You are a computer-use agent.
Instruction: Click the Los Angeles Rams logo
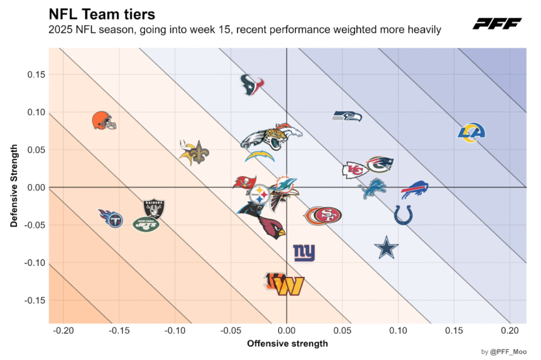(x=471, y=132)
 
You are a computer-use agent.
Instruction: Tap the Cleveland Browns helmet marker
(x=104, y=120)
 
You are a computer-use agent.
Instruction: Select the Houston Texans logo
(x=252, y=84)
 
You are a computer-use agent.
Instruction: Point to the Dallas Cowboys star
(x=386, y=248)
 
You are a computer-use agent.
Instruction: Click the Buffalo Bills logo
(x=414, y=190)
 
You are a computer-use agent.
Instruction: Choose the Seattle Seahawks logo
(x=347, y=116)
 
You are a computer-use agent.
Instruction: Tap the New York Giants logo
(x=304, y=253)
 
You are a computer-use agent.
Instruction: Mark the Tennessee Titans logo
(x=110, y=217)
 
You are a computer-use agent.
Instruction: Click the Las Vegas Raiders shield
(x=154, y=209)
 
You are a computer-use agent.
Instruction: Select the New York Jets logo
(x=146, y=224)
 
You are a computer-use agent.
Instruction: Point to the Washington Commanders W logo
(x=290, y=286)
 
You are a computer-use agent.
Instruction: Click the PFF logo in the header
(x=497, y=23)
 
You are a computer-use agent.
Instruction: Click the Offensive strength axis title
(x=287, y=344)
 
